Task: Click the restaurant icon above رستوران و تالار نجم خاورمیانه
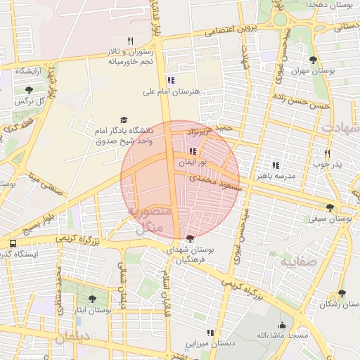pos(130,41)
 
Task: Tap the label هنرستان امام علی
pos(172,91)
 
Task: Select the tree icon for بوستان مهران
pos(313,60)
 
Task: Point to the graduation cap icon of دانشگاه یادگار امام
pos(124,120)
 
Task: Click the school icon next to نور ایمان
pos(193,150)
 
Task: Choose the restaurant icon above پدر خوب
pos(327,153)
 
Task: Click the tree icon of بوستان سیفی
pos(330,207)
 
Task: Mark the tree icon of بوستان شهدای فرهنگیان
pos(191,238)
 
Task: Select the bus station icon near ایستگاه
pos(13,243)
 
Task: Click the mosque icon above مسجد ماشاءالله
pos(282,325)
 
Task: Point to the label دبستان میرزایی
pos(209,344)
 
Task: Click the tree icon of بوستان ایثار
pos(93,299)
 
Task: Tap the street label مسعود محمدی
pos(215,184)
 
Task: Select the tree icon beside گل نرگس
pos(29,90)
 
